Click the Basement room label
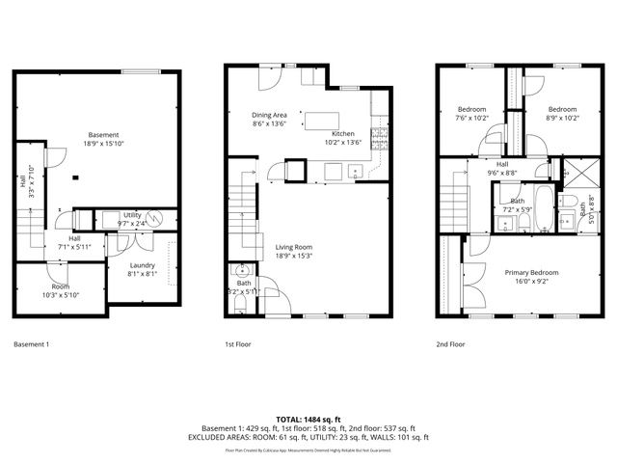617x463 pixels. click(x=103, y=134)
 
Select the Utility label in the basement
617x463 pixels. click(x=132, y=214)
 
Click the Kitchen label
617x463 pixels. click(x=343, y=134)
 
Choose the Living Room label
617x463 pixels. click(x=308, y=247)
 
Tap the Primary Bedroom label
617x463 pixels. click(x=531, y=272)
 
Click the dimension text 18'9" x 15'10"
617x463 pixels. click(x=103, y=143)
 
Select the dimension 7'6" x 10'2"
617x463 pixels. click(x=471, y=118)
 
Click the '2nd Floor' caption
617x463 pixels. click(x=450, y=343)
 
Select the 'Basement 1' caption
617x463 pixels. click(x=32, y=343)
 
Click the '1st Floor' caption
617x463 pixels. click(x=238, y=343)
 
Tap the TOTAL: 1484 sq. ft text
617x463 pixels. click(x=308, y=419)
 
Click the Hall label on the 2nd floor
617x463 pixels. click(x=502, y=164)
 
